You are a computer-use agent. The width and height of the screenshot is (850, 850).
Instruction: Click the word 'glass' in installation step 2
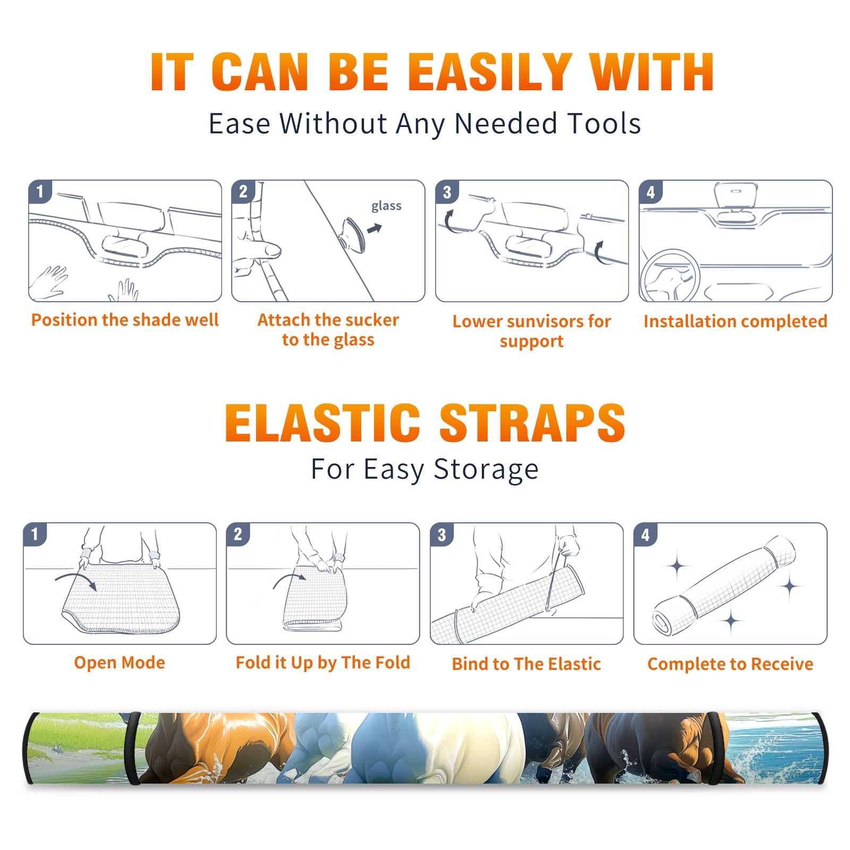point(386,206)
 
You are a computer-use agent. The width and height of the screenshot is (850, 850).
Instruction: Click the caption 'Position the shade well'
point(125,320)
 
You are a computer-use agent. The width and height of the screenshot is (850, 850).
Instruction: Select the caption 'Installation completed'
point(735,321)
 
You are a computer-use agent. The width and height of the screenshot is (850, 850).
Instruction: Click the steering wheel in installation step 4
point(669,276)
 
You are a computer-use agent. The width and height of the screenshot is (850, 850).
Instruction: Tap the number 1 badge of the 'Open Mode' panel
point(35,534)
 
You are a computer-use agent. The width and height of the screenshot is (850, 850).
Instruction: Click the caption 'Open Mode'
point(120,662)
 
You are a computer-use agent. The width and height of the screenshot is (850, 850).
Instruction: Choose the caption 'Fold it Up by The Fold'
point(323,663)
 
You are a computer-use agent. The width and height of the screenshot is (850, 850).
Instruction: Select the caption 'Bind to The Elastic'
point(526,664)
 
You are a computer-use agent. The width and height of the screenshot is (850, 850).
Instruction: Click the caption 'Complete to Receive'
point(730,664)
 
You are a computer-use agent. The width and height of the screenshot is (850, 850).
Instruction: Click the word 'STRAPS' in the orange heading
point(532,423)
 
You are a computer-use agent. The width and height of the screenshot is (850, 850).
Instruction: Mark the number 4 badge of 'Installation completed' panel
point(651,192)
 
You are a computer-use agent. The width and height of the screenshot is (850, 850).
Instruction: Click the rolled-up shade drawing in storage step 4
point(724,585)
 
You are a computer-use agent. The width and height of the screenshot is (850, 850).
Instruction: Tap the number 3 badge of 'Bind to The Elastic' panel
point(442,534)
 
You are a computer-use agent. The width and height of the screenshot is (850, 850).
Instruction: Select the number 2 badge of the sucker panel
point(243,192)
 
